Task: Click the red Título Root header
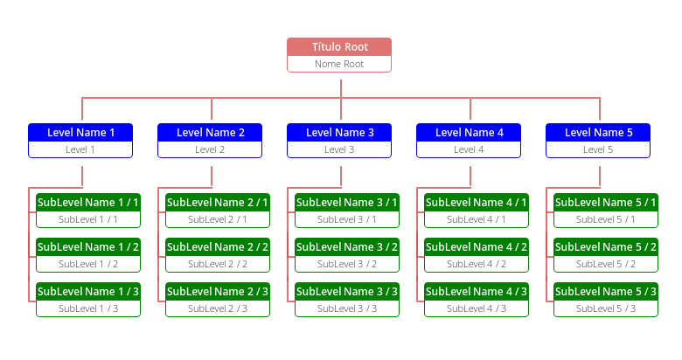coord(339,46)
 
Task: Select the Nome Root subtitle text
coord(339,64)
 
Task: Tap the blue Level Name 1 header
coord(80,132)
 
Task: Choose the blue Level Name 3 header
coord(339,132)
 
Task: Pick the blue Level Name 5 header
coord(598,132)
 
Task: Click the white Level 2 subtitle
coord(210,149)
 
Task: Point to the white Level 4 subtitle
coord(469,149)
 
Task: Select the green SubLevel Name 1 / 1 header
coord(87,202)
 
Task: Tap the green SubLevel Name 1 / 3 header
coord(87,291)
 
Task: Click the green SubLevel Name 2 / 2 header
coord(217,246)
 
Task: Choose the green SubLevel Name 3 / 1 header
coord(346,202)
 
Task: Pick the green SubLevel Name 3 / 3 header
coord(346,291)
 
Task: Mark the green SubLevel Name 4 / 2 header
coord(476,246)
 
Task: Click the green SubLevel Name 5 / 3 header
coord(605,291)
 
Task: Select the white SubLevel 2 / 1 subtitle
coord(217,219)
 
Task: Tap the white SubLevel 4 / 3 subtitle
coord(476,308)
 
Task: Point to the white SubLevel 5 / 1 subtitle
coord(605,219)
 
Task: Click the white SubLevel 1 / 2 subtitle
coord(87,264)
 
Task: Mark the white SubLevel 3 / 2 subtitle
coord(346,264)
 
